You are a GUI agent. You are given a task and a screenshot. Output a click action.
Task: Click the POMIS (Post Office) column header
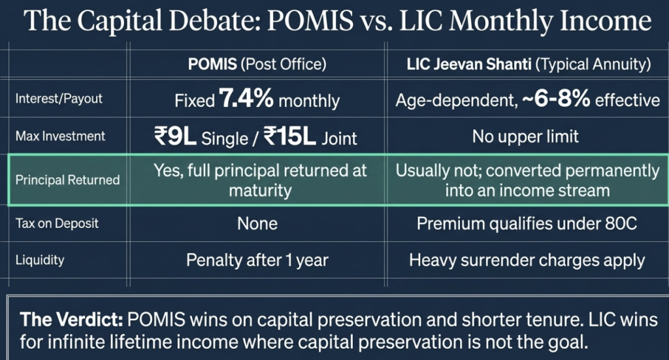pos(257,65)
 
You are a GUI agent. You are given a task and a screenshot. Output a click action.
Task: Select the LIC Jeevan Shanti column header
pos(526,65)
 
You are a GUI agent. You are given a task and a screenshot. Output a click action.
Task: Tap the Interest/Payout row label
pos(59,99)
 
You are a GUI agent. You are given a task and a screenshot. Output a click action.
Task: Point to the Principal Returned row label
pos(67,180)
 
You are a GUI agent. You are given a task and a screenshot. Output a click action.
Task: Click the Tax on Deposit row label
pos(57,223)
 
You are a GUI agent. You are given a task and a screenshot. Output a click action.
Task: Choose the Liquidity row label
pos(39,260)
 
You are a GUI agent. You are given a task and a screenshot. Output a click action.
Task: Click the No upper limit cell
pos(526,137)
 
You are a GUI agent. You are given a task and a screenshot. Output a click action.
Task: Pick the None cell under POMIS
pos(257,223)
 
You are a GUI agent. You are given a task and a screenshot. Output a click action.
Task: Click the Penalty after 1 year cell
pos(257,260)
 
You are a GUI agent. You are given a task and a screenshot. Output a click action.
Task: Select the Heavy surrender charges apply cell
pos(527,260)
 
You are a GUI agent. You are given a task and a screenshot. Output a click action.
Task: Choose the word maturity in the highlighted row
pos(260,190)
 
